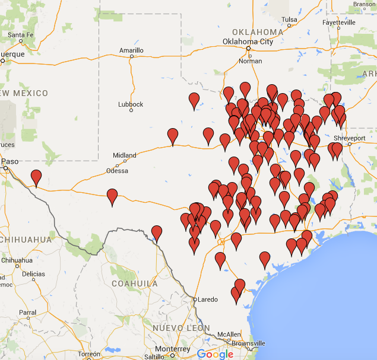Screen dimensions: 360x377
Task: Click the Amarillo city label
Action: pos(131,50)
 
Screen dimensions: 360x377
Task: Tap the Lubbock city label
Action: pos(131,104)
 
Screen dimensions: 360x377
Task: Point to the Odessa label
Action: pos(117,171)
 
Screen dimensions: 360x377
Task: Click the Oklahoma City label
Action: pos(248,42)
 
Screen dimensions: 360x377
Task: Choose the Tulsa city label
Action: pos(289,20)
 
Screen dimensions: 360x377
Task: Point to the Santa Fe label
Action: pos(20,35)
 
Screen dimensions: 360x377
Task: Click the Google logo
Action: pos(215,354)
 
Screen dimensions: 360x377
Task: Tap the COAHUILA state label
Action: pos(135,283)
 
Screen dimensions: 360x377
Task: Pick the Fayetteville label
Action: pos(340,23)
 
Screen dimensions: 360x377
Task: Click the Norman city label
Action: pos(249,61)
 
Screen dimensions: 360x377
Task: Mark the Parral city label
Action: pos(27,312)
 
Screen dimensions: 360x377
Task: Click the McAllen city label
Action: pos(229,335)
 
